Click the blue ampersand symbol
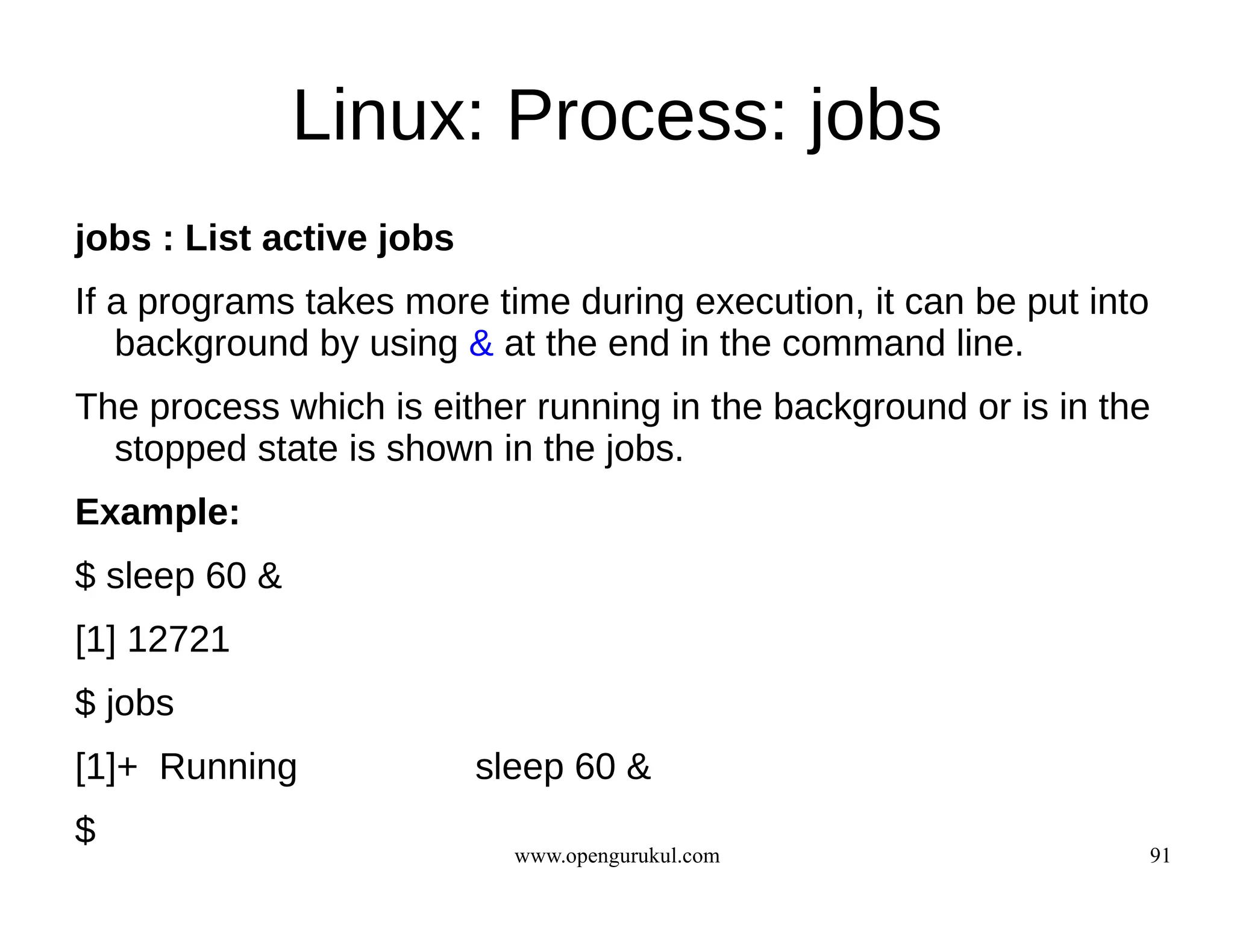tap(481, 344)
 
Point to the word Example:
tap(157, 513)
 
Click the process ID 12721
tap(178, 639)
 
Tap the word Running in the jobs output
tap(228, 767)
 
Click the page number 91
tap(1160, 856)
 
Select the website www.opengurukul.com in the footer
tap(616, 856)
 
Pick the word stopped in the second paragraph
tap(180, 449)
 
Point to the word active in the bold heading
tap(314, 239)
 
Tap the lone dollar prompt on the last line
tap(85, 830)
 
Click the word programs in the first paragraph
tap(216, 303)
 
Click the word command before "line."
tap(863, 344)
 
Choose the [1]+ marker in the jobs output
tap(106, 767)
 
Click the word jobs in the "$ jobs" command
tap(140, 704)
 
